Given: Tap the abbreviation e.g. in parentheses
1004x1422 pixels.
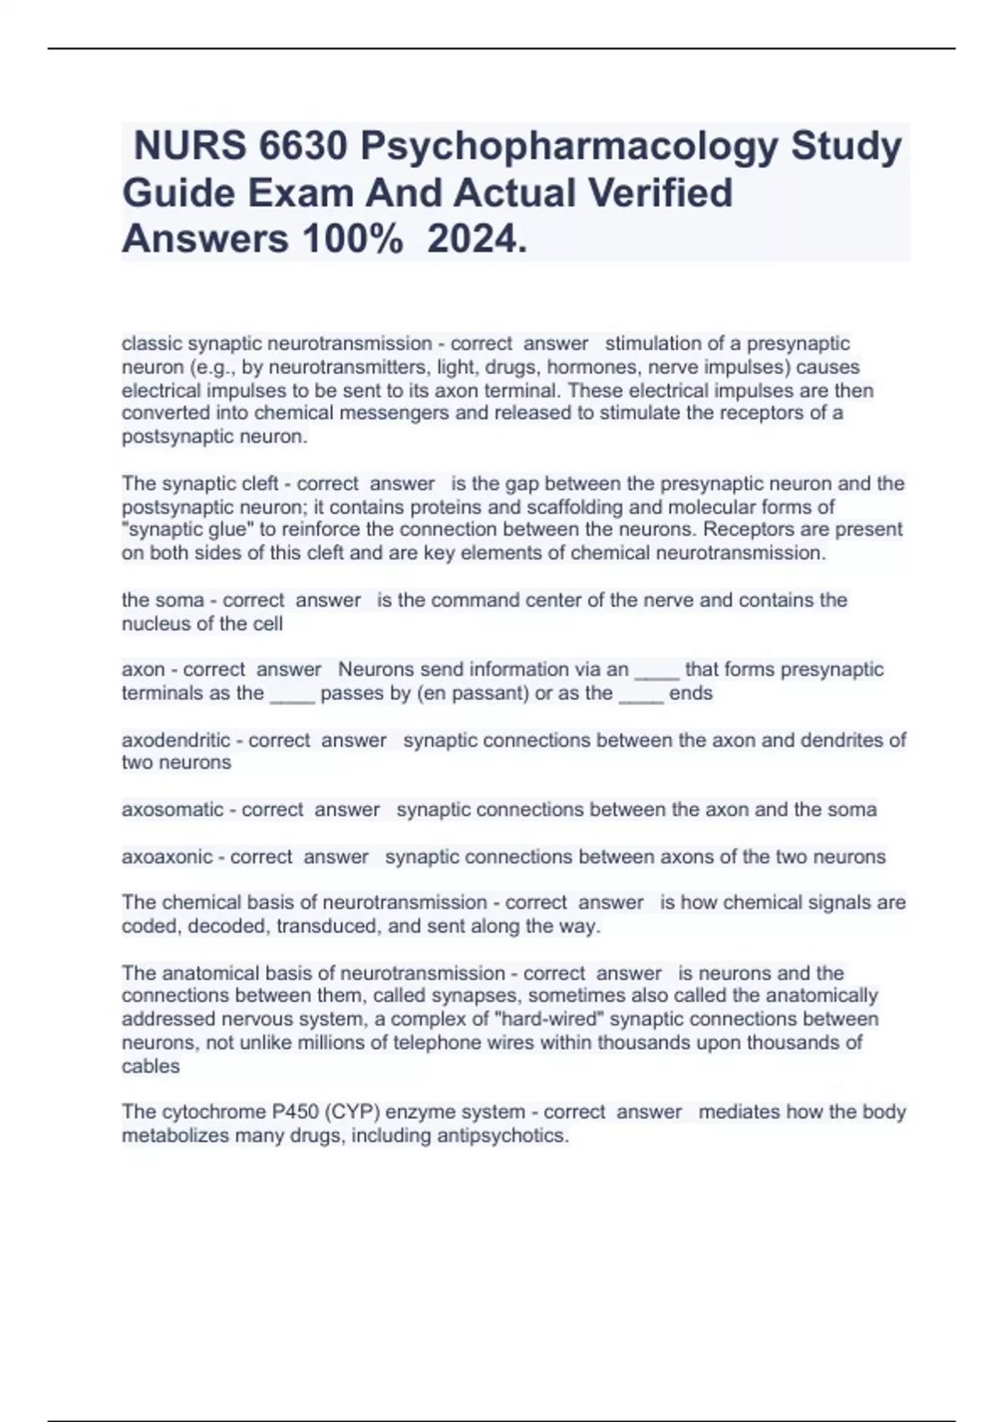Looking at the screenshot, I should (x=217, y=367).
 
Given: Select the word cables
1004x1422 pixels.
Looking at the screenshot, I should (x=151, y=1066).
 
